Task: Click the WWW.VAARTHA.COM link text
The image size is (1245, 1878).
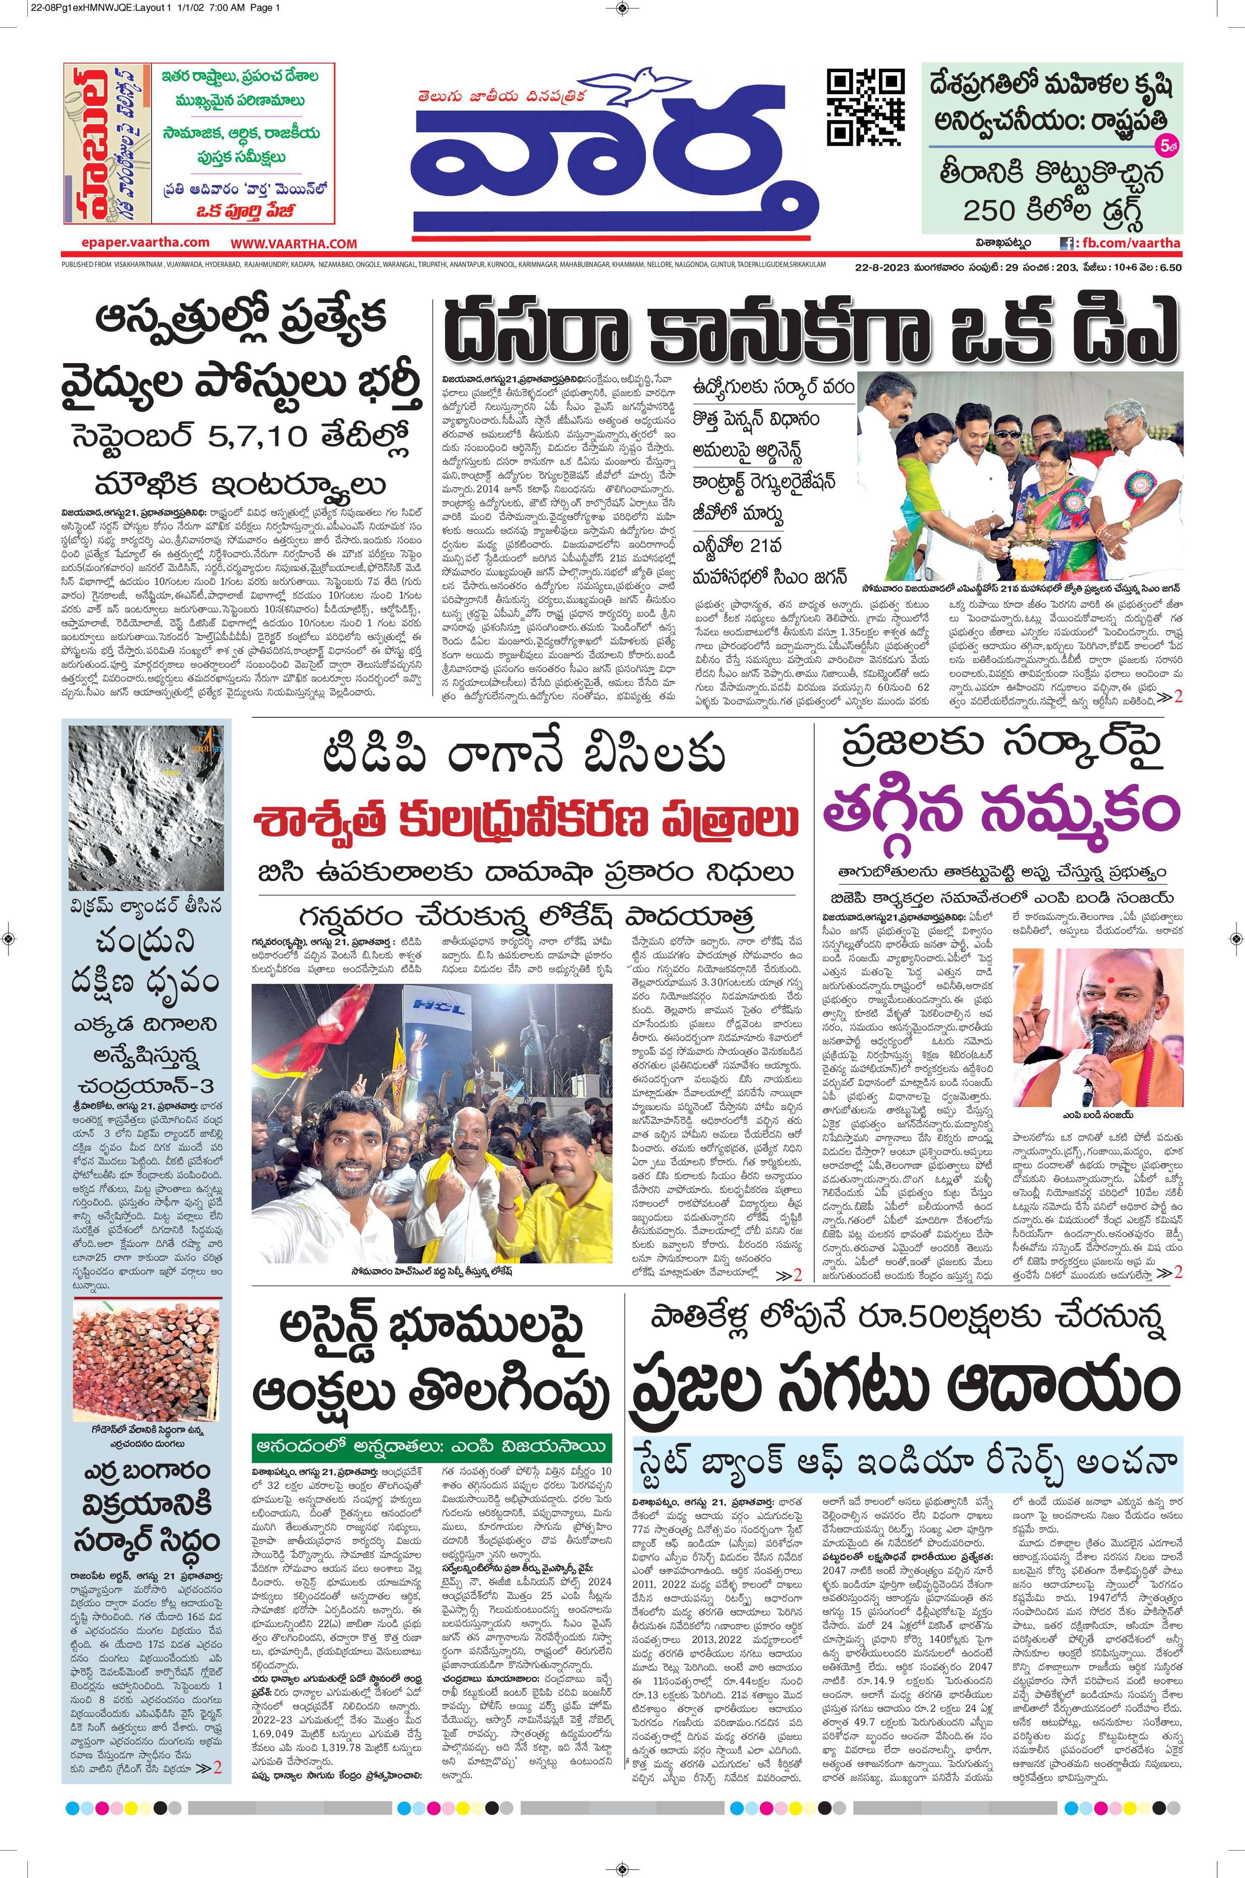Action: (294, 243)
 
